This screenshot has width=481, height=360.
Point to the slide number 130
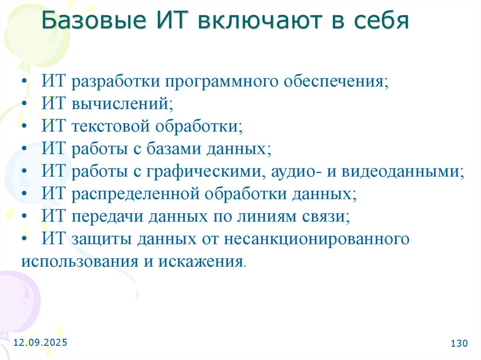click(x=459, y=344)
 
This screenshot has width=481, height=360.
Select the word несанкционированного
click(x=316, y=239)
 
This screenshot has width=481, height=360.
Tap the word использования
click(x=77, y=262)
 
